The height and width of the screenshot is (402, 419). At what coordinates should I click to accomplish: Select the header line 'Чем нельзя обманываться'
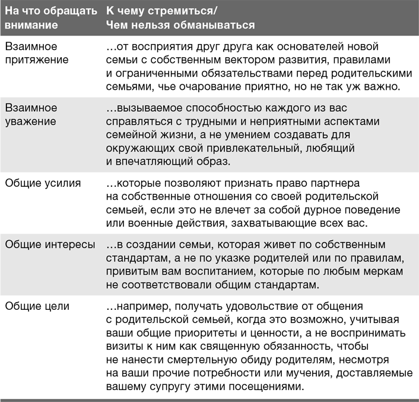point(180,26)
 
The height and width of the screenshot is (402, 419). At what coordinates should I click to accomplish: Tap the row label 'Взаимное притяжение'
point(36,52)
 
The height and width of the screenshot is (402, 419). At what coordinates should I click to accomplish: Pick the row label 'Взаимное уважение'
point(32,114)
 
